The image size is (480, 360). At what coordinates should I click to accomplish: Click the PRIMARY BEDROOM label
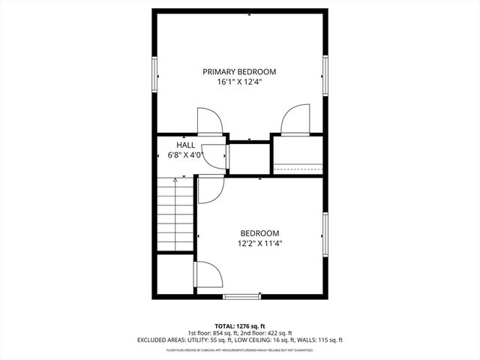tap(239, 72)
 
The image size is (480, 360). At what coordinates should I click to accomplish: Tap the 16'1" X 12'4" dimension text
tap(239, 82)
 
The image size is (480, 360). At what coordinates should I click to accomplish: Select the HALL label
tap(186, 145)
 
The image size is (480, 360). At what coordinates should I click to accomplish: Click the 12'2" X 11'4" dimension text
tap(260, 243)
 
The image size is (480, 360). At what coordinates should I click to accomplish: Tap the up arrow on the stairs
tap(175, 181)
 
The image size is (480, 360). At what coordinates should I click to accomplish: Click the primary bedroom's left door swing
tap(209, 121)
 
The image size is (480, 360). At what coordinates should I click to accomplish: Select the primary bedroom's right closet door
tap(292, 120)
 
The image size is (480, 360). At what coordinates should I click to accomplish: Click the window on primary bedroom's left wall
tap(155, 74)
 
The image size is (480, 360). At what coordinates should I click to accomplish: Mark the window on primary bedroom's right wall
tap(325, 74)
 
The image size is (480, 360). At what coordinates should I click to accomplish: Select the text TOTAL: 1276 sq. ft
tap(240, 325)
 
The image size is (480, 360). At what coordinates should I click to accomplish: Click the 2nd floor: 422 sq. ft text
tap(268, 333)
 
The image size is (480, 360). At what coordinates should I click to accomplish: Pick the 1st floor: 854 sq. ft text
tap(212, 333)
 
